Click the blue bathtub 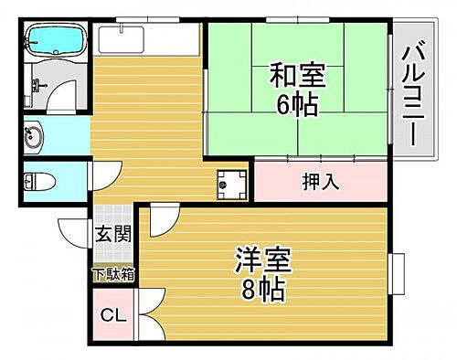click(x=54, y=39)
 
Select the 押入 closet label click(x=321, y=182)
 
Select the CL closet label click(x=112, y=317)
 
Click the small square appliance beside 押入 click(x=228, y=185)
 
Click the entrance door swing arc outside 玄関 click(x=75, y=233)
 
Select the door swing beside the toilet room click(x=103, y=174)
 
